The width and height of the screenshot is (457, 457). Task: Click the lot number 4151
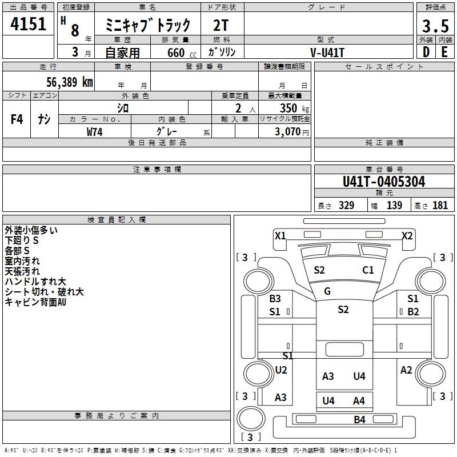click(28, 24)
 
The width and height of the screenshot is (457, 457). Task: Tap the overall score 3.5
click(435, 26)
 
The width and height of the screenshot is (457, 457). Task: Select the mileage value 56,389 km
click(70, 82)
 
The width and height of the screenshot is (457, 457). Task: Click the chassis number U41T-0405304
click(384, 182)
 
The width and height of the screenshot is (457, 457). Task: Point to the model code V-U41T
click(327, 53)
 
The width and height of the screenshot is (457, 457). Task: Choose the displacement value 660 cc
click(182, 53)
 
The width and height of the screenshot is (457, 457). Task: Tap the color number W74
click(94, 132)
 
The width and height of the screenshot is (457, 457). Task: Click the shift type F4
click(17, 119)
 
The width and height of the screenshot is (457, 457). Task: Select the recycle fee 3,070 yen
click(291, 132)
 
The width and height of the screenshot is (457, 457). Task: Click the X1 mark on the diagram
click(280, 235)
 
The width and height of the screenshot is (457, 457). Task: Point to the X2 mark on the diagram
click(407, 235)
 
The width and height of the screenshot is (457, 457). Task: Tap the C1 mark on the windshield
click(368, 270)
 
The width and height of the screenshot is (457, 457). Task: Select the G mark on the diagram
click(327, 291)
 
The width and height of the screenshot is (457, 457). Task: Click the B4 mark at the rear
click(360, 420)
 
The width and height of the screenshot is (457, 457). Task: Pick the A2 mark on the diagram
click(406, 370)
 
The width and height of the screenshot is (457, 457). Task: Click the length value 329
click(346, 206)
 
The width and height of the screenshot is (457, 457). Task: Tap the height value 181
click(440, 206)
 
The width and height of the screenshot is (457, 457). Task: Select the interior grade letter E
click(444, 52)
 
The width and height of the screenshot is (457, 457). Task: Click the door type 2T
click(221, 26)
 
